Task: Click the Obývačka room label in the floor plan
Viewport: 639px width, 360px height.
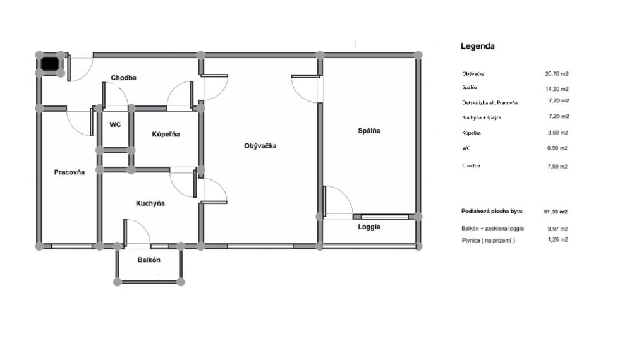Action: pos(260,146)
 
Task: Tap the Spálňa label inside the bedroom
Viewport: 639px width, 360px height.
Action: pos(369,131)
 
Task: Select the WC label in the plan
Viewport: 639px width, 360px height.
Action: pos(115,124)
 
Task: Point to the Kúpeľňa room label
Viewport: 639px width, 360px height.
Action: pos(166,135)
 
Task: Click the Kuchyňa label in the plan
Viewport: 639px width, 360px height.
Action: pos(150,203)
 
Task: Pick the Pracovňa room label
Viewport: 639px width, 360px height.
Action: pos(70,172)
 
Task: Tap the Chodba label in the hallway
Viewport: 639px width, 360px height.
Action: pos(123,78)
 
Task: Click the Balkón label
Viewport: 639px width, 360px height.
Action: pos(149,260)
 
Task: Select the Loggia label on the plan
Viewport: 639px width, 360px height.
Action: pos(369,227)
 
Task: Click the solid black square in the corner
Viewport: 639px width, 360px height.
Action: pos(50,64)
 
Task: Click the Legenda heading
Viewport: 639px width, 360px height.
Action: pos(478,46)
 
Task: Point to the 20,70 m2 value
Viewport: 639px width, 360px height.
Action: pos(557,74)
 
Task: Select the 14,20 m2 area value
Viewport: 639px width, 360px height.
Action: pos(557,89)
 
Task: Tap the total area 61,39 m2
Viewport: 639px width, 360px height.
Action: pos(556,212)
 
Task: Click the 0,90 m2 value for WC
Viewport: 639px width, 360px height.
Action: pos(557,148)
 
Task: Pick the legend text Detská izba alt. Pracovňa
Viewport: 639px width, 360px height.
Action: pos(489,102)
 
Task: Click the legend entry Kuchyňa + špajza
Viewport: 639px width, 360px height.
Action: pos(481,117)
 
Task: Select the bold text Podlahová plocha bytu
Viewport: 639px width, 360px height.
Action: pos(492,211)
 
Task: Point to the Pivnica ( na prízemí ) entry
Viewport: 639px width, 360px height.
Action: pos(488,240)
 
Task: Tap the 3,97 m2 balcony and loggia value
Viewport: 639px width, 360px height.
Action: pos(557,229)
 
